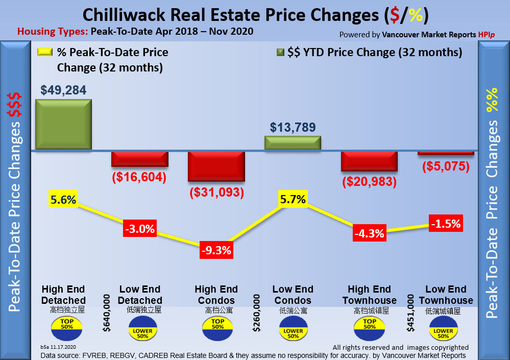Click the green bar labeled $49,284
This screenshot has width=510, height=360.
pos(63,125)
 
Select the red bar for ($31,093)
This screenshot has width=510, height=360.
pos(216,166)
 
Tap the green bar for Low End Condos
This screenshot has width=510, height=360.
pos(293,143)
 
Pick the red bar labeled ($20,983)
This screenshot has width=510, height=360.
pos(369,161)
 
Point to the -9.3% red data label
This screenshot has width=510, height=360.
pos(216,250)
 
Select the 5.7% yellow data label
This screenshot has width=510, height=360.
pos(293,199)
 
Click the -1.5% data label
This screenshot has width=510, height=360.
pos(446,224)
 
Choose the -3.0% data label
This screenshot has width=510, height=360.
pos(140,229)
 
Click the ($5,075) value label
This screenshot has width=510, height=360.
pos(446,166)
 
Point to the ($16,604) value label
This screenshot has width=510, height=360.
pos(139,177)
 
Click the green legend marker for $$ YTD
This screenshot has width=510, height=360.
pos(280,52)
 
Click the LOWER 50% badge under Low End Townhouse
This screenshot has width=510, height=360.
pos(443,330)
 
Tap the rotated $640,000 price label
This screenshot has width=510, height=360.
pos(107,313)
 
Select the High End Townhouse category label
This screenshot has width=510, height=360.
pos(370,295)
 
